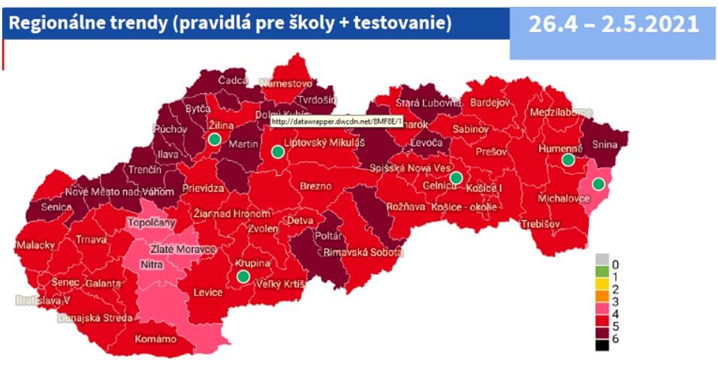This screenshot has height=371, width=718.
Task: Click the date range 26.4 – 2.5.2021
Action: (x=613, y=24)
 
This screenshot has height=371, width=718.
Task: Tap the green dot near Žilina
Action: (x=215, y=139)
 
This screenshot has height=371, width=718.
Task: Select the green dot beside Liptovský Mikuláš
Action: (x=277, y=152)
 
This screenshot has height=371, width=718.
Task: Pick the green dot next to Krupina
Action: (x=243, y=276)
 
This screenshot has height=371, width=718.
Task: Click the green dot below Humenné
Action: (x=568, y=160)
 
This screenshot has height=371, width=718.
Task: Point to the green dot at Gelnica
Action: (x=455, y=177)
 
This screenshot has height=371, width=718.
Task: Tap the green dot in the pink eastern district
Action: (x=598, y=184)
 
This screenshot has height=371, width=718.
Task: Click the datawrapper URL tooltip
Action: (x=336, y=120)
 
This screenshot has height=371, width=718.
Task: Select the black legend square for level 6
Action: (x=602, y=345)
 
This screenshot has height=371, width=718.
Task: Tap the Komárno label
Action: (x=155, y=339)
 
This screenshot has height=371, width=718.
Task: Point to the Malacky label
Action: (x=35, y=246)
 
